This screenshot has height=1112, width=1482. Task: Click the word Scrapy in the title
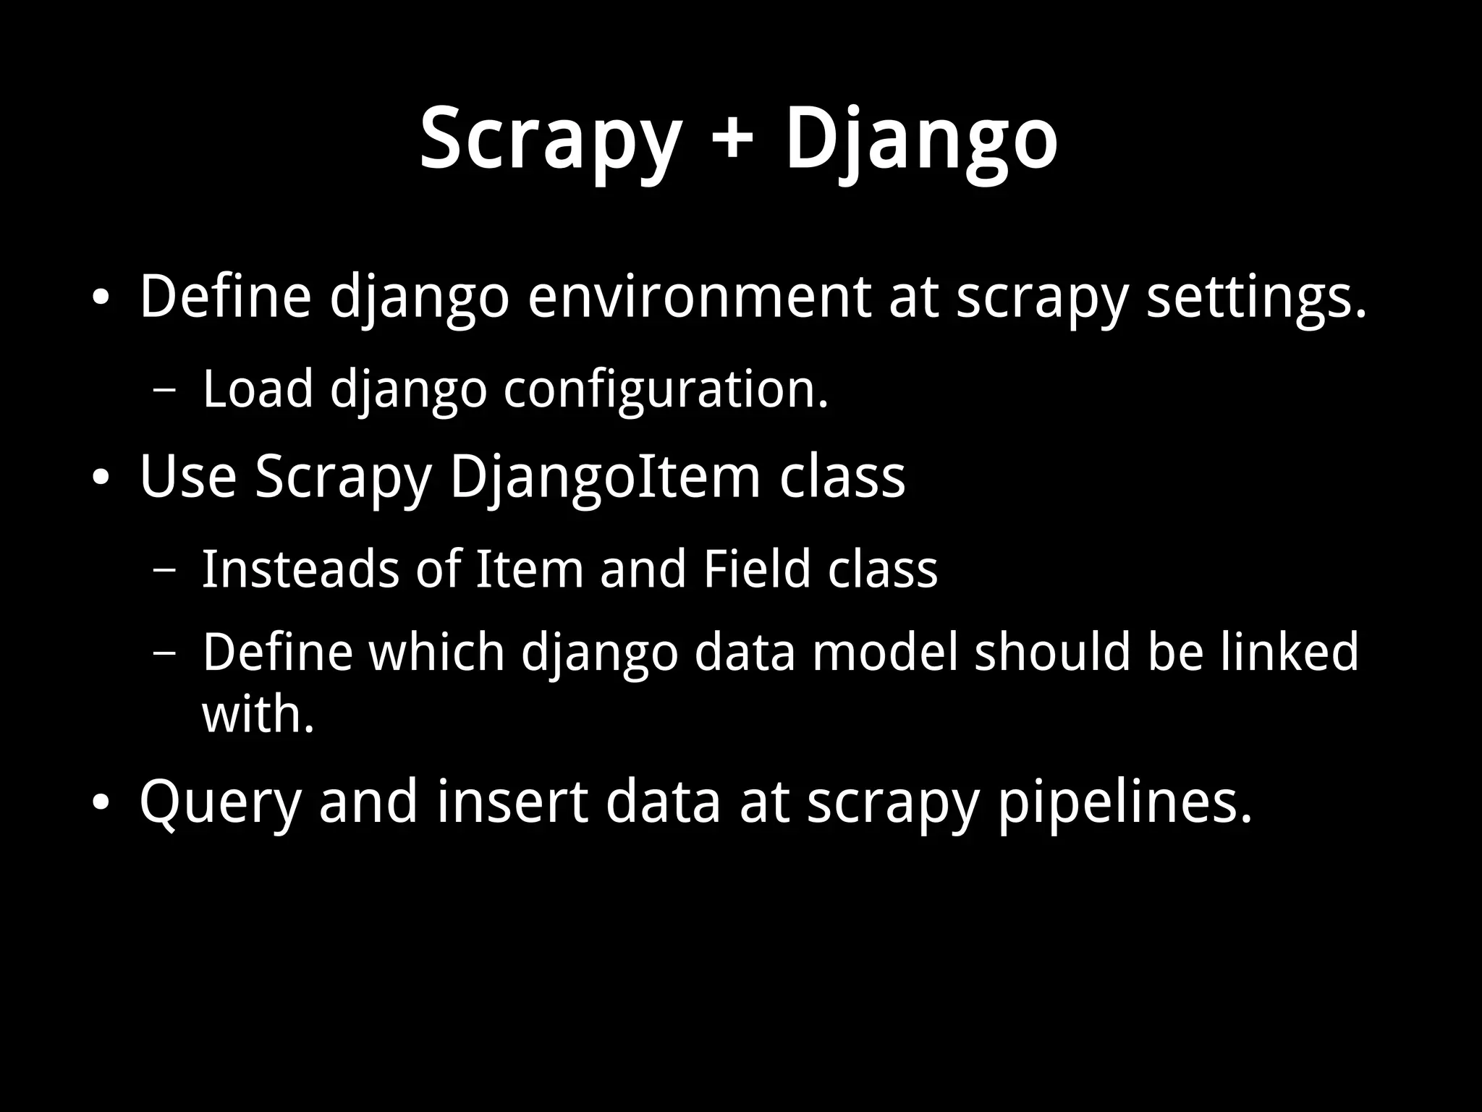pos(550,139)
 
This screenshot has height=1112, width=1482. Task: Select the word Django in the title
pos(921,139)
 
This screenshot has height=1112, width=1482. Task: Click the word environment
pos(699,297)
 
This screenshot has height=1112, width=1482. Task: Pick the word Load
pos(258,389)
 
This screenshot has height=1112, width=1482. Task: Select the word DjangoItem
pos(605,478)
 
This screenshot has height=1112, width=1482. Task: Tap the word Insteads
pos(300,569)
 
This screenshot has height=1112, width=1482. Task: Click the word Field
pos(757,569)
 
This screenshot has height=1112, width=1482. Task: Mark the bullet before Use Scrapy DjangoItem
pos(101,478)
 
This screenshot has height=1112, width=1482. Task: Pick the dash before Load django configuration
pos(165,391)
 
